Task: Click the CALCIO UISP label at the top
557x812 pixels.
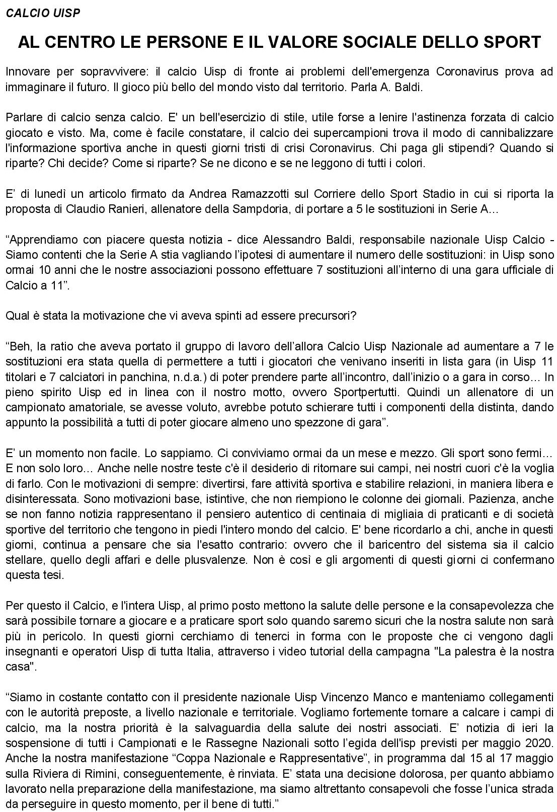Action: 43,14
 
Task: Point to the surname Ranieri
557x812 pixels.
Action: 127,209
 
